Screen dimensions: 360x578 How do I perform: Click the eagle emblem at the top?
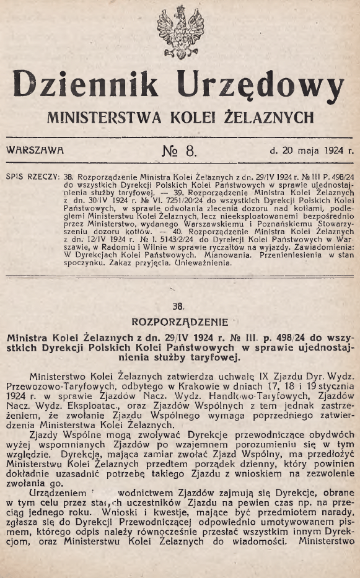click(180, 32)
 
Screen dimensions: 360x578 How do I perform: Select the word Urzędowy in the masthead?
click(260, 84)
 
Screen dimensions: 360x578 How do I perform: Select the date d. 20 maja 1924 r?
click(311, 149)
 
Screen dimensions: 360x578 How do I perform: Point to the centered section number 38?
click(179, 305)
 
